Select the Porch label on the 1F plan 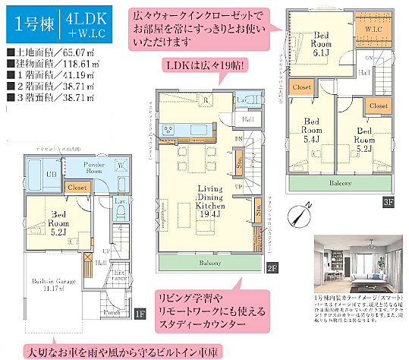pos(112,312)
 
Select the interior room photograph pos(356,261)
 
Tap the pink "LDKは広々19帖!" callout pos(204,67)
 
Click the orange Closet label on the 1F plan pos(77,186)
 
